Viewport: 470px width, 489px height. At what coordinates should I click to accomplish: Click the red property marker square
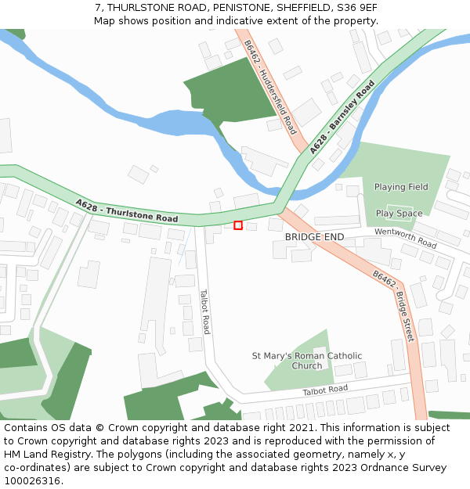[238, 225]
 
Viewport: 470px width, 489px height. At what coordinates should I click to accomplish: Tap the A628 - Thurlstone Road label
[127, 211]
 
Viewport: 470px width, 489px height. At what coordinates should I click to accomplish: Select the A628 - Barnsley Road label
[342, 120]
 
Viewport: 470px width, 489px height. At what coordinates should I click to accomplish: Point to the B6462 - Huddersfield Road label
[270, 86]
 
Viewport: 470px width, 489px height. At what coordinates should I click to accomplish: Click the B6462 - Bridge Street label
[393, 304]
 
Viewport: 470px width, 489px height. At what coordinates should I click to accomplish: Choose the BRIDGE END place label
[314, 236]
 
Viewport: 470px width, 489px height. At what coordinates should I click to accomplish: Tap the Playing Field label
[401, 187]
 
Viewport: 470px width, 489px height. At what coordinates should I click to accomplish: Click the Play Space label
[399, 213]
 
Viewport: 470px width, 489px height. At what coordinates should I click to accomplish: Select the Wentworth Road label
[405, 238]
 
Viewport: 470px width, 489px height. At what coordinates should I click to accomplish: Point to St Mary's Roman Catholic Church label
[307, 361]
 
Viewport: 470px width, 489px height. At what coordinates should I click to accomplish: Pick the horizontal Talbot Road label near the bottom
[325, 389]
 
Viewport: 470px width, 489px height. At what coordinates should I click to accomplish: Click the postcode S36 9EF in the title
[357, 7]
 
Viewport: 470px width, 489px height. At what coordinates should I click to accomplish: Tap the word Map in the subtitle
[105, 20]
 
